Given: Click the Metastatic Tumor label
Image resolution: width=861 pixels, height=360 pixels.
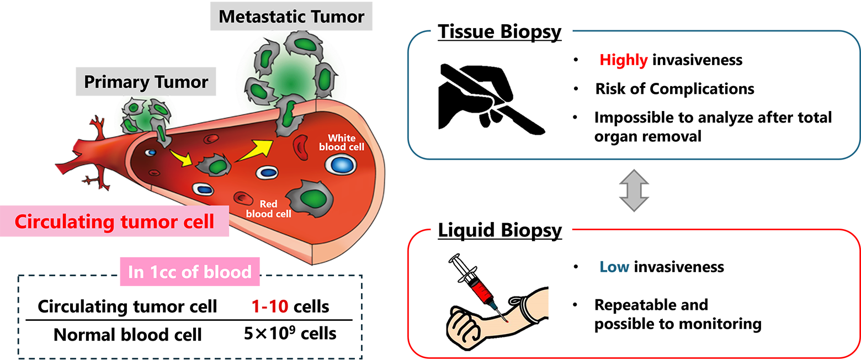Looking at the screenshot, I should click(291, 17).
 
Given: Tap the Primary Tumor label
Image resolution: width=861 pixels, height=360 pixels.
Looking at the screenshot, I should click(146, 83).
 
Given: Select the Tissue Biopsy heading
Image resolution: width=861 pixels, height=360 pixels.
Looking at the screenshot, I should click(499, 32).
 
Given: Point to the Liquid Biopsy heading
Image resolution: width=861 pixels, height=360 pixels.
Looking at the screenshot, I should click(499, 230).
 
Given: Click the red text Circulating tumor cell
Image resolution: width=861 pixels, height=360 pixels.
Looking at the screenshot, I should click(114, 222).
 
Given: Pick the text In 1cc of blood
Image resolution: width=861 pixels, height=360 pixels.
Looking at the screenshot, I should click(190, 272).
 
